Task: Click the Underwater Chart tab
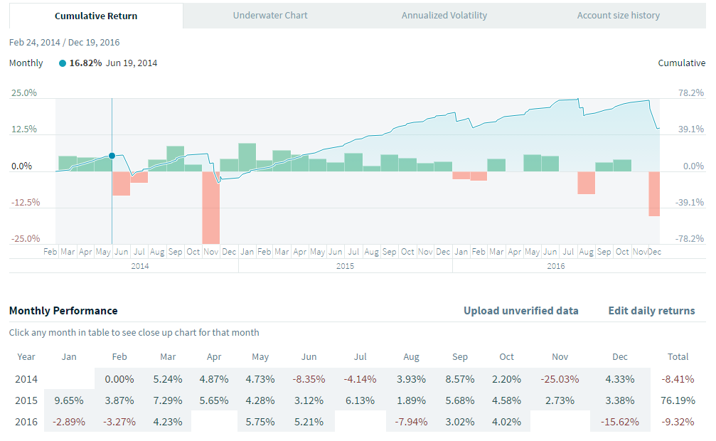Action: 271,16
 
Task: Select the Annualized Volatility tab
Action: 444,16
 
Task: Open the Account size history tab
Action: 618,16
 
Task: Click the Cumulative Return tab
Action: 96,16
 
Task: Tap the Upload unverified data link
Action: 520,311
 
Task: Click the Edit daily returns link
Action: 651,311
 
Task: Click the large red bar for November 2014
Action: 211,207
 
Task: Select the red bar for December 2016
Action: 654,193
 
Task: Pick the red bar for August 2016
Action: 586,183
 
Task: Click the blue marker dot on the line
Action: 112,156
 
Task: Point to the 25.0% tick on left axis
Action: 23,92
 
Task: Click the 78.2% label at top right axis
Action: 692,92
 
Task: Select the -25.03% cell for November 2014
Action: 561,379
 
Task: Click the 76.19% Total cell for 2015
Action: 678,400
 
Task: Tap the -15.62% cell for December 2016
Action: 620,421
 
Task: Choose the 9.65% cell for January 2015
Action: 69,400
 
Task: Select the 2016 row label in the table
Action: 26,421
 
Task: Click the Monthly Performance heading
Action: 63,311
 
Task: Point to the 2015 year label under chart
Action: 345,266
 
